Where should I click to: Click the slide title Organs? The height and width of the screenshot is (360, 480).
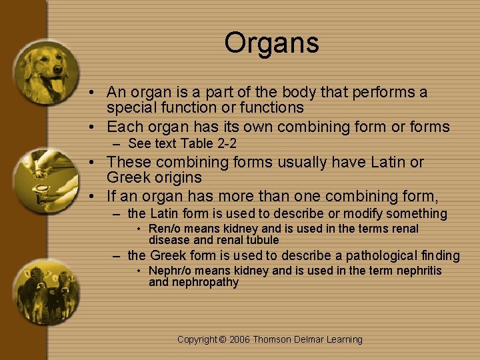click(271, 43)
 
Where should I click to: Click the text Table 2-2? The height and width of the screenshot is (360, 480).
click(215, 144)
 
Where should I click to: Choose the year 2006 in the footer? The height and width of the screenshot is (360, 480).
click(240, 339)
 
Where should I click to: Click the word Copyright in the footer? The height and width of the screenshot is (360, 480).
click(198, 339)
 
